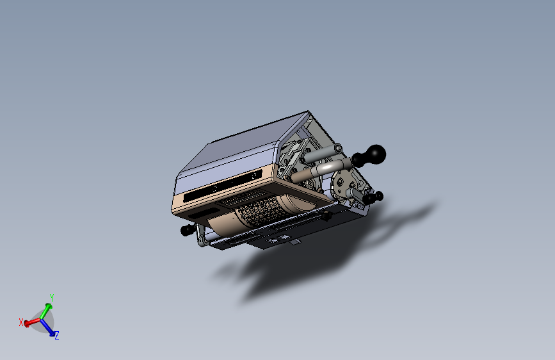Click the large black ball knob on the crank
pyautogui.click(x=375, y=154)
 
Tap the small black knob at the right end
pyautogui.click(x=379, y=195)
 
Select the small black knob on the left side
pyautogui.click(x=187, y=230)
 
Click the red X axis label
pyautogui.click(x=21, y=322)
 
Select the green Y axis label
pyautogui.click(x=51, y=297)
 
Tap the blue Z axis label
pyautogui.click(x=57, y=335)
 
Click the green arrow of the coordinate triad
pyautogui.click(x=46, y=310)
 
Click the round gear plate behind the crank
pyautogui.click(x=342, y=179)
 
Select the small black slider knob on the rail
pyautogui.click(x=327, y=217)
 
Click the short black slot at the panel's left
pyautogui.click(x=205, y=210)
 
